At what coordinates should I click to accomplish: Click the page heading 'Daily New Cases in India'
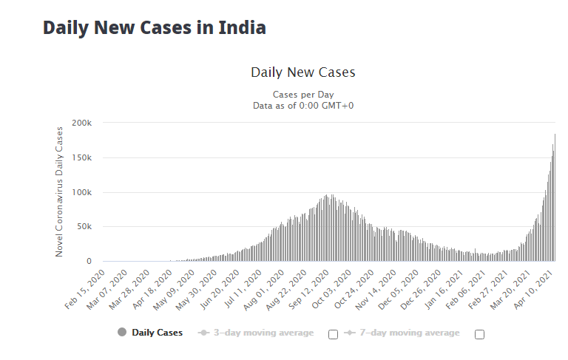[x=155, y=28]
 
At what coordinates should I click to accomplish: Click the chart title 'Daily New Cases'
[x=303, y=72]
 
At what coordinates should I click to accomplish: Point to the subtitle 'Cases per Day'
[x=303, y=95]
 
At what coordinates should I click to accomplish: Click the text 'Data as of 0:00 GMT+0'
[x=303, y=106]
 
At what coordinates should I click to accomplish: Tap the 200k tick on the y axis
[x=82, y=123]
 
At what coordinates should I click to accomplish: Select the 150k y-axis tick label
[x=82, y=158]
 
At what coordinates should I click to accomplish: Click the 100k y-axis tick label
[x=82, y=193]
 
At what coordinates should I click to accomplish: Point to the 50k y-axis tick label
[x=84, y=227]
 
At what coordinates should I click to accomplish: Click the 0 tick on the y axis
[x=89, y=262]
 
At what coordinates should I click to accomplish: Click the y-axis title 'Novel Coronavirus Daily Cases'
[x=59, y=192]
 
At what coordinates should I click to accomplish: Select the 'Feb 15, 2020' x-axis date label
[x=85, y=290]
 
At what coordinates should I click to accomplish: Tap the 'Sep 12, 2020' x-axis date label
[x=308, y=290]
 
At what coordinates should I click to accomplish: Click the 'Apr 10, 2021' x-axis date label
[x=533, y=290]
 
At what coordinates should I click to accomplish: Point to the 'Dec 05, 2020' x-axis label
[x=399, y=290]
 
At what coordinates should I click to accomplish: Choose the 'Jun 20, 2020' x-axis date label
[x=220, y=290]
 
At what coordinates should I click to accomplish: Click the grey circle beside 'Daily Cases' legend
[x=122, y=332]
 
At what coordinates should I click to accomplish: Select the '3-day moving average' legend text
[x=264, y=333]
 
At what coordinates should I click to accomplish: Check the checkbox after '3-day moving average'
[x=334, y=334]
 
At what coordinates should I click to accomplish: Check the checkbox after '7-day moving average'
[x=479, y=334]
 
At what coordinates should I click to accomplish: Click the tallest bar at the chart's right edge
[x=555, y=197]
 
